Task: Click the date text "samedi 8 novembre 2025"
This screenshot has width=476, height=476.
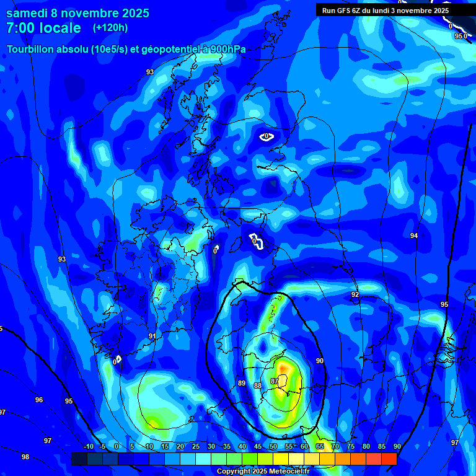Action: [77, 13]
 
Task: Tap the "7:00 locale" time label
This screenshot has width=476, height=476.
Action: [43, 28]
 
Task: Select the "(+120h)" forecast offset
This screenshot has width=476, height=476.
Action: [110, 28]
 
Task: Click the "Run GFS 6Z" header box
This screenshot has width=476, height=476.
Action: [386, 10]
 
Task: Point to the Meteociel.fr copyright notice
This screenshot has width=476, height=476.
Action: [263, 472]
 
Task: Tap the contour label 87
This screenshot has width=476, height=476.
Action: [275, 381]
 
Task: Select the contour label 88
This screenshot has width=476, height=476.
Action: [258, 386]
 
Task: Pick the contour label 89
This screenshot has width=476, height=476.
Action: [242, 383]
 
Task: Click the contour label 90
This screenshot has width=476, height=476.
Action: [320, 361]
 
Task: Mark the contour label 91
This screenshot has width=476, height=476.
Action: [152, 336]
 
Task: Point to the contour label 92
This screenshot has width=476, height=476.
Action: [355, 294]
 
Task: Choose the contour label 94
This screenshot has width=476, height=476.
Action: [414, 236]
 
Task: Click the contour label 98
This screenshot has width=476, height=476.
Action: [25, 457]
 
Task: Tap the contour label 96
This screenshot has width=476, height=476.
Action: [39, 400]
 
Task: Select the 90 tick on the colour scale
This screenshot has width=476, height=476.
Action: [397, 446]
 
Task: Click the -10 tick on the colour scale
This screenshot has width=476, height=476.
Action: [88, 446]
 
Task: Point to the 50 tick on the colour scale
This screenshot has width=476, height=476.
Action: [273, 446]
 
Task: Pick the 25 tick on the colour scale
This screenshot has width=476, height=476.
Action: [196, 446]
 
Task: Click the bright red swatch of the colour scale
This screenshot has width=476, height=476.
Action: [389, 459]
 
